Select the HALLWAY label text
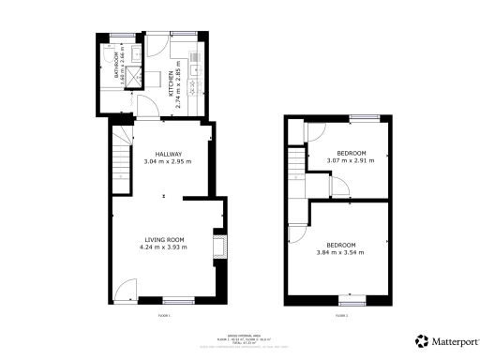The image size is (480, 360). click(x=168, y=154)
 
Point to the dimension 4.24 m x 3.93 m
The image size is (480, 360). click(x=166, y=247)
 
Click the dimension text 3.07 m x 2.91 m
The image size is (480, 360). click(x=351, y=161)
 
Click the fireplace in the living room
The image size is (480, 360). click(x=219, y=246)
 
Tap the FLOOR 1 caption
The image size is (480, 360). click(x=165, y=316)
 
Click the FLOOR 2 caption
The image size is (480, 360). click(x=343, y=316)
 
